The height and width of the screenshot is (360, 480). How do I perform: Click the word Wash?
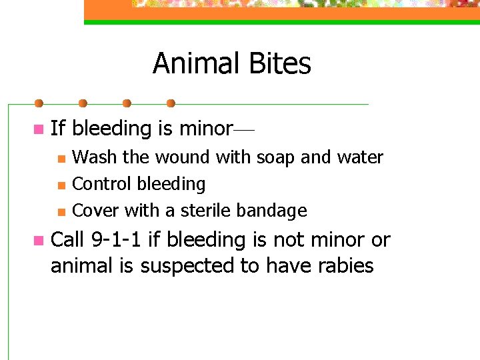94,158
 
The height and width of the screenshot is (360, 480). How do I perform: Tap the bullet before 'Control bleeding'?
61,185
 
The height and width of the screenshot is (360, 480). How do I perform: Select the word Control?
100,184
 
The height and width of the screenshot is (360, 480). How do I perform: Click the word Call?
68,239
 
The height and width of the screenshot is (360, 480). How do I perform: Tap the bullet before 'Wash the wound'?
61,159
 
